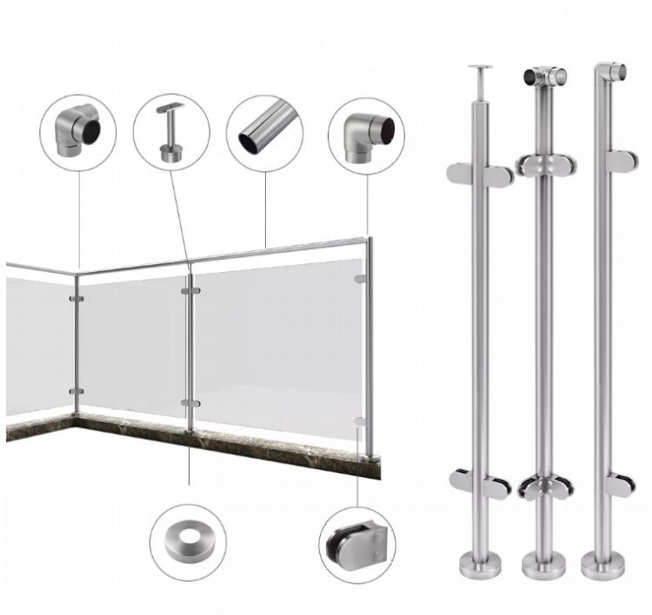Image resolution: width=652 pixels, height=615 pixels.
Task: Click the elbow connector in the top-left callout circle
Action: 77,133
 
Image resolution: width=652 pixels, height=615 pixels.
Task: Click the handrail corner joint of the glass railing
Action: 77,274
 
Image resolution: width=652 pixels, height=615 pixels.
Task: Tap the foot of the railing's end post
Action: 372,457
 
